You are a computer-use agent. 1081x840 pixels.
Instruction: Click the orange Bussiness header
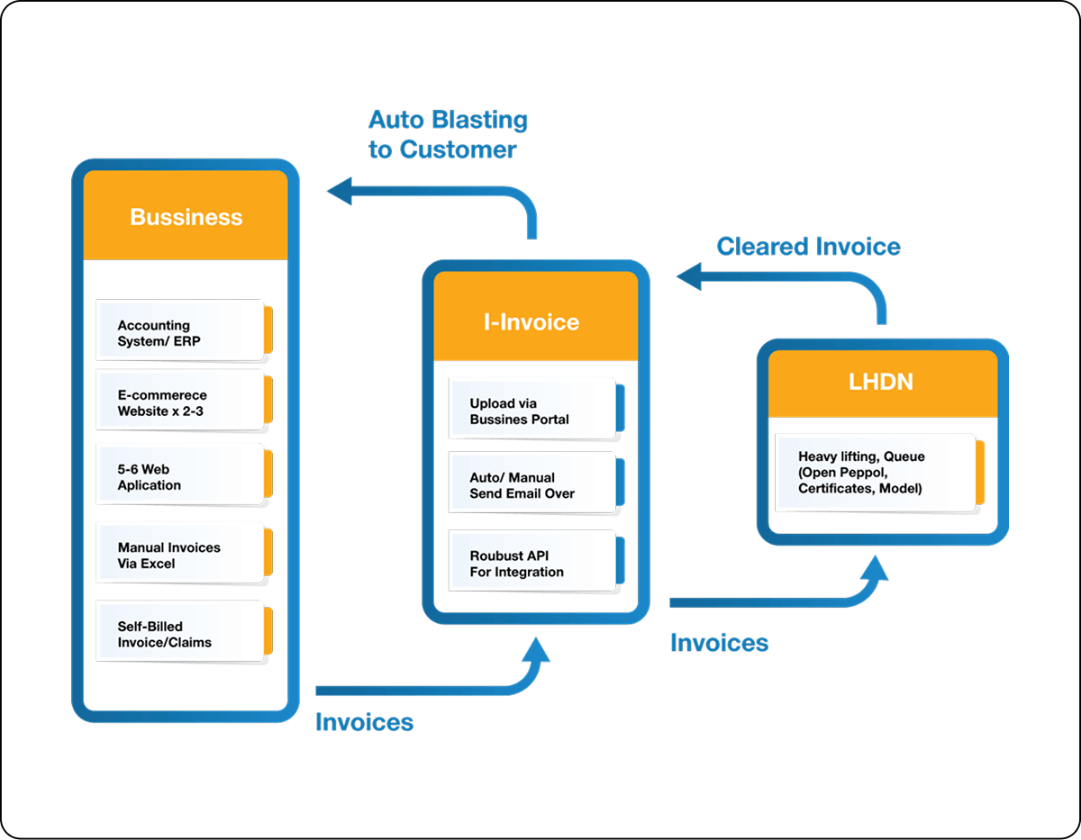pos(186,217)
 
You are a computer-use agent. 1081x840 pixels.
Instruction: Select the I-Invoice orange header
pos(531,321)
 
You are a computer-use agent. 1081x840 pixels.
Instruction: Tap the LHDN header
pos(881,382)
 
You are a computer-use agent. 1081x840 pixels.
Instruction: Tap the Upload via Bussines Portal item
pos(531,411)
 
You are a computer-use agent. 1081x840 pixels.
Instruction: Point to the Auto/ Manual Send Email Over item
pos(531,485)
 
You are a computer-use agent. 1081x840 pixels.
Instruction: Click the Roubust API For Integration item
pos(531,564)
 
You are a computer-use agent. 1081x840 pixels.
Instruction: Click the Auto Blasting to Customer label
pos(448,134)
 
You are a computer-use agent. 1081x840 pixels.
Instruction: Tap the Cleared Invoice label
pos(808,247)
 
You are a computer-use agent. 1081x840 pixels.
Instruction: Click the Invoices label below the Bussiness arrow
pos(365,722)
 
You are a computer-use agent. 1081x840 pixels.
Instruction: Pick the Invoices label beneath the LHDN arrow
pos(720,643)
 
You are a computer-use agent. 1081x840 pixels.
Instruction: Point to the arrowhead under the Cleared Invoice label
pos(690,276)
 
